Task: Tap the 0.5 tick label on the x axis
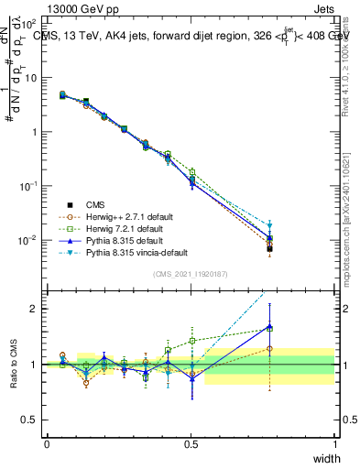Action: tap(191, 443)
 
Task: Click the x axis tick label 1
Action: tap(335, 443)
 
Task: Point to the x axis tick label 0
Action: tap(48, 443)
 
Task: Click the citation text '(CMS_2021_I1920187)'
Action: tap(191, 274)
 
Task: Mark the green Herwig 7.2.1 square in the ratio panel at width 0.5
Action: tap(191, 341)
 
